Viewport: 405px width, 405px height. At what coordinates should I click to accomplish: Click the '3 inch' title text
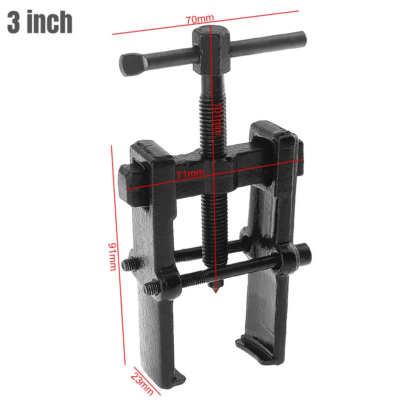[x=40, y=22]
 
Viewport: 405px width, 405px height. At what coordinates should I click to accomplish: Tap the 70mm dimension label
[x=200, y=19]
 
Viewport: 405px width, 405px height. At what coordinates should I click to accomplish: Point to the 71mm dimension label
[x=191, y=174]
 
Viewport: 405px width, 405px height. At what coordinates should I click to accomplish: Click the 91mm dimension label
[x=113, y=256]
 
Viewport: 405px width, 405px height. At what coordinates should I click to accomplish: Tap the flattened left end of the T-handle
[x=133, y=65]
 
